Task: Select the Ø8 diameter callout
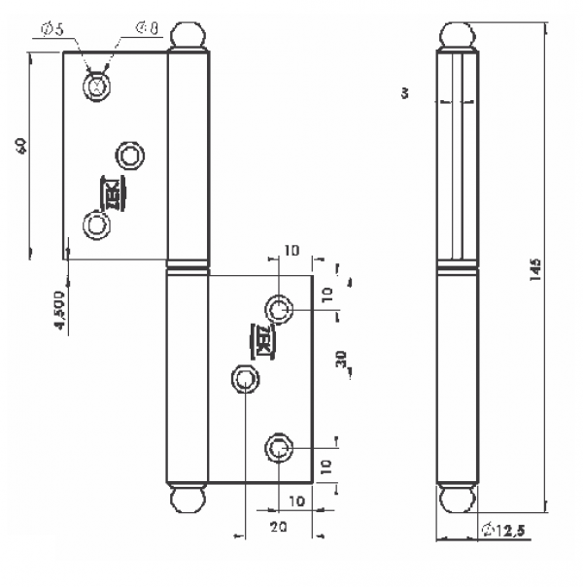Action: pyautogui.click(x=147, y=28)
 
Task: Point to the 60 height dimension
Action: pyautogui.click(x=20, y=146)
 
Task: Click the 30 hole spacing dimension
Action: pyautogui.click(x=341, y=360)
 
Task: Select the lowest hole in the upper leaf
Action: pyautogui.click(x=96, y=224)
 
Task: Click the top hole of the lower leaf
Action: pyautogui.click(x=280, y=310)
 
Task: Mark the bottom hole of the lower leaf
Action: pyautogui.click(x=280, y=448)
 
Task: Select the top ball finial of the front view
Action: pyautogui.click(x=189, y=38)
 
